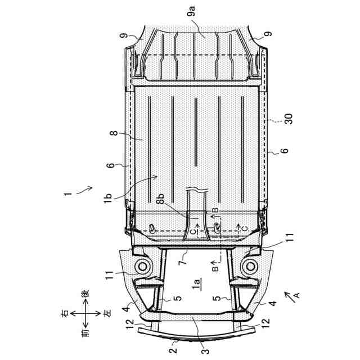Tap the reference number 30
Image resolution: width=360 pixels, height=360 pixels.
click(x=289, y=119)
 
